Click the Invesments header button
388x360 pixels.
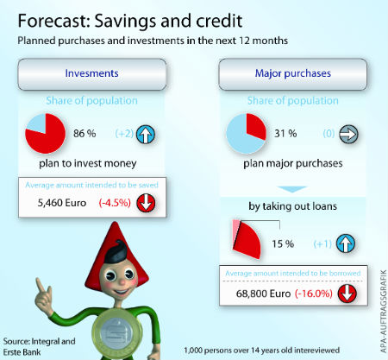[92, 74]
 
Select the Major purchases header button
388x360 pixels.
[292, 74]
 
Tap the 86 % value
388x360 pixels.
[84, 134]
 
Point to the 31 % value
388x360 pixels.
[285, 134]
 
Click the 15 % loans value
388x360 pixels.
[283, 244]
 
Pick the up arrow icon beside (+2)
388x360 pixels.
[146, 134]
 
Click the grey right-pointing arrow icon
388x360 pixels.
[348, 134]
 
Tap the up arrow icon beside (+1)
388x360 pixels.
[346, 243]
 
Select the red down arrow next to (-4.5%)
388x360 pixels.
[146, 203]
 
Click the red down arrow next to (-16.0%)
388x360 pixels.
[347, 294]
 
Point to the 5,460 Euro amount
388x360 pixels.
[62, 203]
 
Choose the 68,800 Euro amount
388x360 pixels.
[263, 294]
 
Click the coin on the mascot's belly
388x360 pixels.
[117, 332]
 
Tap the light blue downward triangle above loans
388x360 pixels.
[292, 189]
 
